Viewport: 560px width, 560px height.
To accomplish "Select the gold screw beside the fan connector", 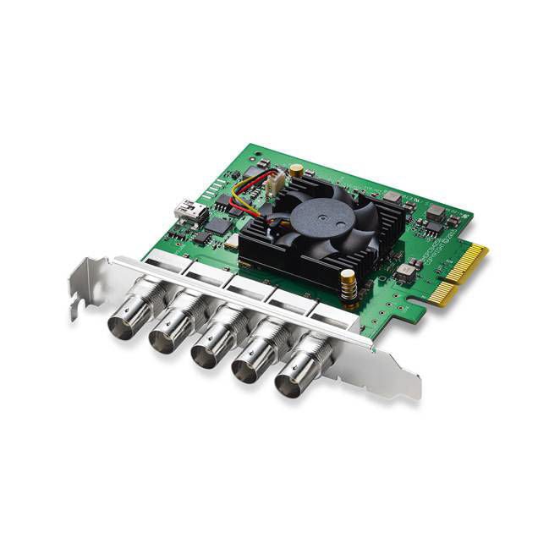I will (296, 172).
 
